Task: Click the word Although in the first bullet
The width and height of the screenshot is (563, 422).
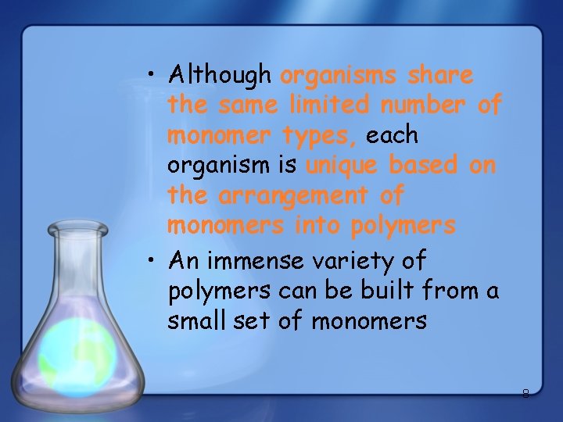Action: (220, 75)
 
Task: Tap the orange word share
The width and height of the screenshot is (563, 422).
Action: (441, 75)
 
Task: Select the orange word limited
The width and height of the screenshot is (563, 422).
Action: (332, 105)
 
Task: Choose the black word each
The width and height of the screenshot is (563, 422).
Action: (392, 135)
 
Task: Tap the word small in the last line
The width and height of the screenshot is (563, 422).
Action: (192, 320)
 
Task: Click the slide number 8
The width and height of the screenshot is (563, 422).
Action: (525, 394)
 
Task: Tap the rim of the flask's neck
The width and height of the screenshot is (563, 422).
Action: (77, 229)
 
